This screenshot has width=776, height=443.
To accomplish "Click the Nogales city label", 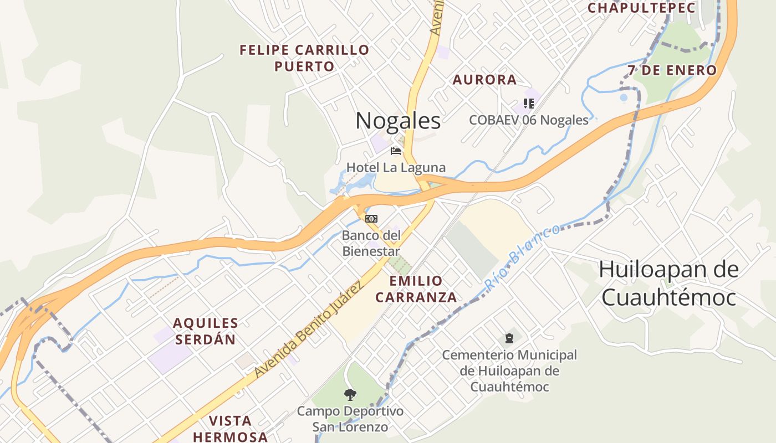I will point(398,121).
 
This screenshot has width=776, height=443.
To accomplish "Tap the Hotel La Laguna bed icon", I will point(396,151).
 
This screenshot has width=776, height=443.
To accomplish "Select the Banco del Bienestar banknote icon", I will point(371,219).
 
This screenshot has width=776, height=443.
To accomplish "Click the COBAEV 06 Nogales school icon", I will point(528,104).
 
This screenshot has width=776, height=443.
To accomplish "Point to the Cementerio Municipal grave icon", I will point(509,338).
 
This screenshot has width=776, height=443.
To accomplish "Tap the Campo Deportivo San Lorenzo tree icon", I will point(350,395).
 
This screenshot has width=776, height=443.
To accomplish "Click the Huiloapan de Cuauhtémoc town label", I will point(668,283).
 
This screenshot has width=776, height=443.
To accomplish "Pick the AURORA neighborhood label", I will point(484,80).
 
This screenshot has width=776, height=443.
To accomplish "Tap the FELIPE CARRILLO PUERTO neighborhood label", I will point(304,58).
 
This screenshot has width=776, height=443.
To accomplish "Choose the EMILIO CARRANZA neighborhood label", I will point(416,289).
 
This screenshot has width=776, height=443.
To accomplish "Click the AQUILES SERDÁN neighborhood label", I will point(206,331).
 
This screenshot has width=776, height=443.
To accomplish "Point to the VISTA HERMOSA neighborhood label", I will point(230,429).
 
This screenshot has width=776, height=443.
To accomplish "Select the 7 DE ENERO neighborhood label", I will point(672,70).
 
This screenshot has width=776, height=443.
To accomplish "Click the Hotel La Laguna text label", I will point(396,167).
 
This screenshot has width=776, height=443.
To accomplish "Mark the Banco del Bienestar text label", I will point(371,243).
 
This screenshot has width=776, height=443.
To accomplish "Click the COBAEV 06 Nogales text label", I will point(528,120).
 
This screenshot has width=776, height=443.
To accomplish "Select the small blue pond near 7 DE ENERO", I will point(624,98).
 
